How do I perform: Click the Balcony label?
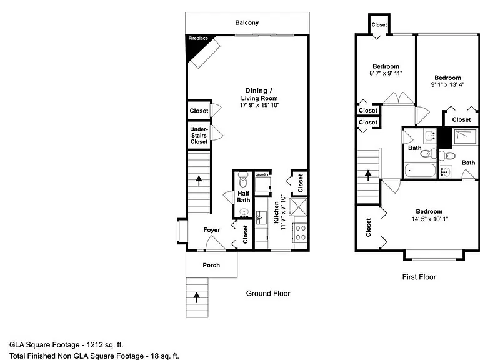tap(247, 22)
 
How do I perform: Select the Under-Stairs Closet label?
tap(199, 135)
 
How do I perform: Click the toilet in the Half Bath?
tap(243, 180)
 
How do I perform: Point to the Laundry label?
tap(262, 174)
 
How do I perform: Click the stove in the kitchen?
tap(300, 232)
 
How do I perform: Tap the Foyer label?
tap(211, 230)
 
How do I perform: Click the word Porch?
tap(211, 266)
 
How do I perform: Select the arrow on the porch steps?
tap(196, 297)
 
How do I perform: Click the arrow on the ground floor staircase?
tap(199, 181)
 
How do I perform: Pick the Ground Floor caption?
tap(268, 294)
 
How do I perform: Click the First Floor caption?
tap(419, 277)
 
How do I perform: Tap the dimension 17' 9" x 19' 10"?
tap(259, 105)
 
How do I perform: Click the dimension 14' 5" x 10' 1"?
tap(430, 219)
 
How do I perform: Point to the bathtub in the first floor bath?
tap(420, 171)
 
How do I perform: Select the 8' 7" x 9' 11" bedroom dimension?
tap(386, 73)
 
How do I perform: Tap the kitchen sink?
tap(261, 217)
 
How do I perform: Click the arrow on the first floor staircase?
tap(368, 176)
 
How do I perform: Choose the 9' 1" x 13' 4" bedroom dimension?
tap(447, 84)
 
